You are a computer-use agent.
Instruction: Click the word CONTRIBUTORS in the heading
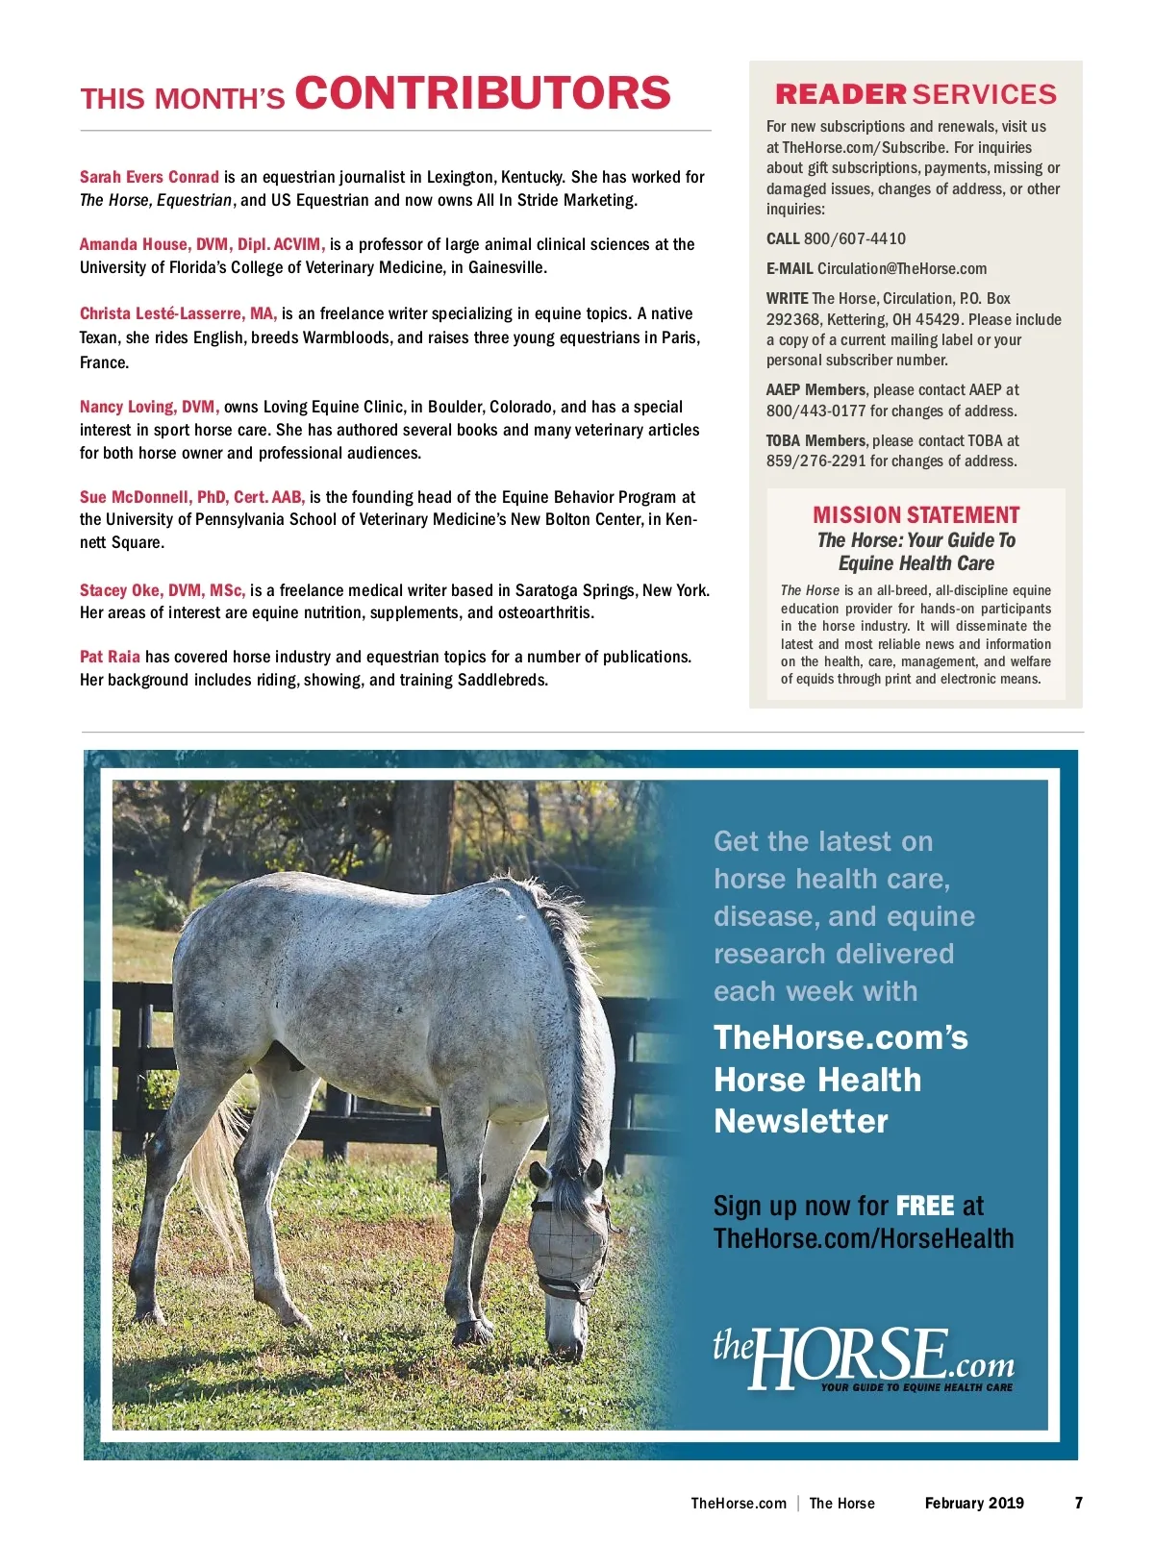(x=482, y=93)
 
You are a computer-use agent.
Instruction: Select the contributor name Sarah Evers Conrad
(x=149, y=177)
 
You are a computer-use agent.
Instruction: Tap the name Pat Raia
(x=110, y=657)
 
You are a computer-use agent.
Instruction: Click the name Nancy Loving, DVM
(x=149, y=407)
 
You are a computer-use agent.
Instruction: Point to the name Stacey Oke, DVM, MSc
(x=162, y=590)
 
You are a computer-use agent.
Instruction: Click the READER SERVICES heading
(x=916, y=94)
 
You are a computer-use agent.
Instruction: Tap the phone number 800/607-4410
(x=854, y=238)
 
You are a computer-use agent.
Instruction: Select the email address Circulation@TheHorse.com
(x=901, y=268)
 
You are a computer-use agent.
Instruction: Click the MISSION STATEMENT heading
(x=916, y=515)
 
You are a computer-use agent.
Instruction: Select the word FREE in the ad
(x=924, y=1206)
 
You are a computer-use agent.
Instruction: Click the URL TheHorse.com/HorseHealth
(x=863, y=1238)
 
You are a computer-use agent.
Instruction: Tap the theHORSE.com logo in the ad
(x=863, y=1357)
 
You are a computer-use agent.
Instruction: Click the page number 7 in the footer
(x=1078, y=1503)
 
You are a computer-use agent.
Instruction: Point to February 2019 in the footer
(x=973, y=1503)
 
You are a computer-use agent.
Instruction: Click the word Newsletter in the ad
(x=800, y=1121)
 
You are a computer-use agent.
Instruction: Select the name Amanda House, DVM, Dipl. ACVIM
(x=202, y=244)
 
